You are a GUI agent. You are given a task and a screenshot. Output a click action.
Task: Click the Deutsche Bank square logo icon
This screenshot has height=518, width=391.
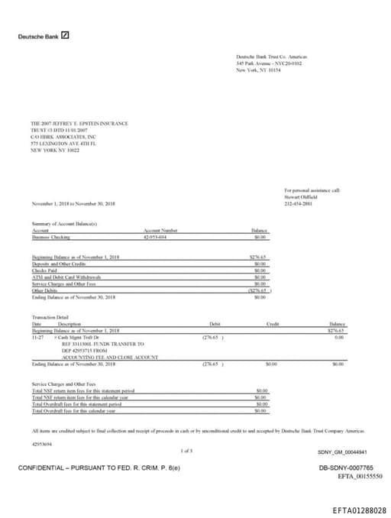pos(66,35)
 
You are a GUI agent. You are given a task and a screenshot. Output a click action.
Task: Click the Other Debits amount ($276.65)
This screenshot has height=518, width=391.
pos(257,290)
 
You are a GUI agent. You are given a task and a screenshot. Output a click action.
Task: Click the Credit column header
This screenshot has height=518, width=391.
pos(273,324)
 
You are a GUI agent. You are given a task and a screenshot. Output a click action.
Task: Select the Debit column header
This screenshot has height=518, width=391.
pos(215,324)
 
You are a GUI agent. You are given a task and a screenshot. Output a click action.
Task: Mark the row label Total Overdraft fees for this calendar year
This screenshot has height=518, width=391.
pos(82,411)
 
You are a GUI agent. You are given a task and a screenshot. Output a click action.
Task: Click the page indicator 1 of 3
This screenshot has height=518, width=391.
pos(186,451)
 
